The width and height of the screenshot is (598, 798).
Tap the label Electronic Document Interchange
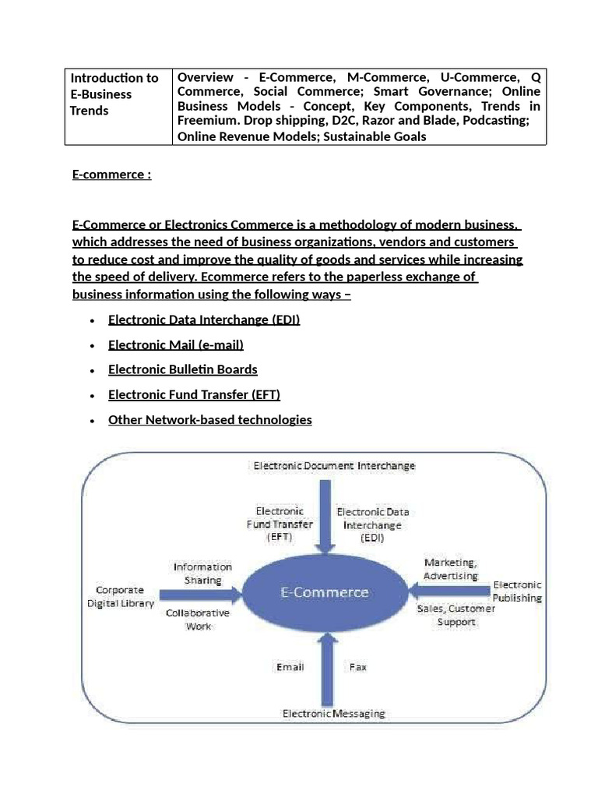click(334, 466)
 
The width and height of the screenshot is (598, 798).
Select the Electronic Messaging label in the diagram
click(333, 713)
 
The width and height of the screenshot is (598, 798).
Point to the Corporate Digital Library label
click(125, 597)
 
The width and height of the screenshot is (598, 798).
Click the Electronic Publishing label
click(517, 591)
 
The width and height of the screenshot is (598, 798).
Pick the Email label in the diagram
click(290, 667)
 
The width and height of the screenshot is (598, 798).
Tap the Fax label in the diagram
click(357, 667)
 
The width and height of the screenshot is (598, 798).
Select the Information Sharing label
click(202, 574)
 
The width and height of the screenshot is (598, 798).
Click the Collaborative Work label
click(198, 620)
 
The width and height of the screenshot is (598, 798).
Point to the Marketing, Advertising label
click(451, 569)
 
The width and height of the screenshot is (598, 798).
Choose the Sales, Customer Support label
click(456, 616)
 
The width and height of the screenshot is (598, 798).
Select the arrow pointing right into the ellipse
click(203, 595)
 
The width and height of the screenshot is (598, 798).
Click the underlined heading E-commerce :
click(111, 175)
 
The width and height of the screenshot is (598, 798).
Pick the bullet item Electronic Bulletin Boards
click(182, 369)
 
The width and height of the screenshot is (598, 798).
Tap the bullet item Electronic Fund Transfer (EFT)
click(194, 394)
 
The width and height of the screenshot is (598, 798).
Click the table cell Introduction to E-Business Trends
click(114, 94)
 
